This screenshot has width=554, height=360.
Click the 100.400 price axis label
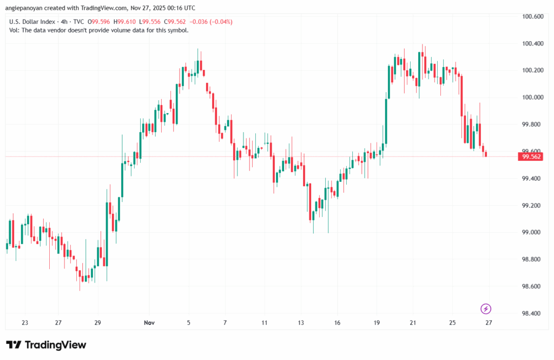532,43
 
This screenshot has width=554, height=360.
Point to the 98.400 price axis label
532,313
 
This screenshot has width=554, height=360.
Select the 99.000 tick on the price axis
532,233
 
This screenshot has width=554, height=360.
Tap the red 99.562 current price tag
530,157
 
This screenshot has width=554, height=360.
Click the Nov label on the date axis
150,323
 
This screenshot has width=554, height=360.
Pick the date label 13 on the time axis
301,323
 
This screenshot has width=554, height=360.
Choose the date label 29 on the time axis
98,323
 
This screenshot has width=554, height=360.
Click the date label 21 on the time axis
413,323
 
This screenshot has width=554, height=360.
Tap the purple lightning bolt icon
486,309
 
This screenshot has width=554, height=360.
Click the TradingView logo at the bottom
46,345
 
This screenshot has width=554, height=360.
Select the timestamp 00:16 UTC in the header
178,8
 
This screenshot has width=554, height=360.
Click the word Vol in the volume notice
15,30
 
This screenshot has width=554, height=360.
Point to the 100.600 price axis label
532,17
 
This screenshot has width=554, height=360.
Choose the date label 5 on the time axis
189,323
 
